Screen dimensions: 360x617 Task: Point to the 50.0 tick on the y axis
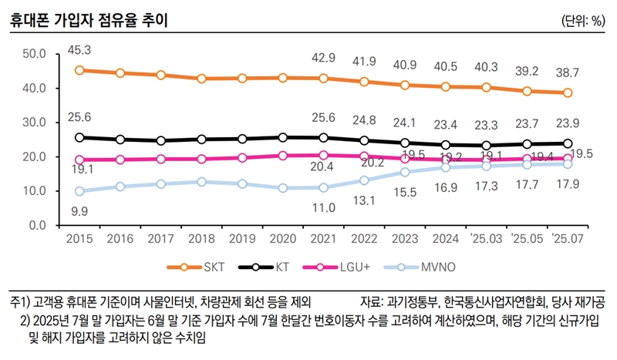pos(35,54)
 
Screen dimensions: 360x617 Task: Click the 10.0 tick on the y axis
pos(35,191)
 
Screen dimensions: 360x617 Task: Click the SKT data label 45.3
pos(80,50)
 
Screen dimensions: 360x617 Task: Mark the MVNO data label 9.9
pos(80,210)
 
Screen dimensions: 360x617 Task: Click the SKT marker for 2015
pos(79,70)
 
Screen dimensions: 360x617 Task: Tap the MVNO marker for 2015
pos(79,191)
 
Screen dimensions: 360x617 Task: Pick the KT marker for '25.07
pos(567,143)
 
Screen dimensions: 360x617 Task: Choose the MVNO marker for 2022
pos(364,180)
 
